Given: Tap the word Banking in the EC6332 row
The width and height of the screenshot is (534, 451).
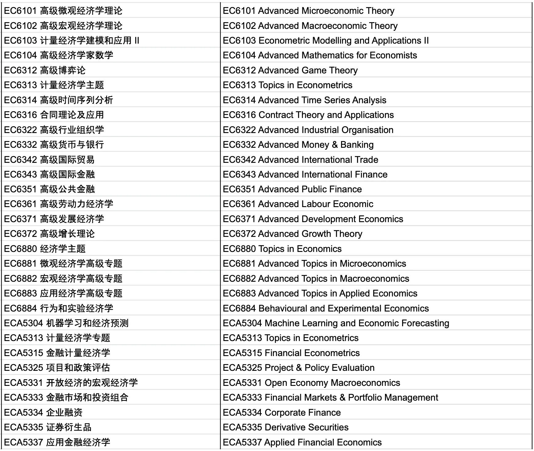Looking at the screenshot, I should (357, 145).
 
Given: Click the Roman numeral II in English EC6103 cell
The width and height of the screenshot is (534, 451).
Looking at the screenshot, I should (426, 41).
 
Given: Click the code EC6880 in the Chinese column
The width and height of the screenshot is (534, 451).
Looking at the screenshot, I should (20, 249).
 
